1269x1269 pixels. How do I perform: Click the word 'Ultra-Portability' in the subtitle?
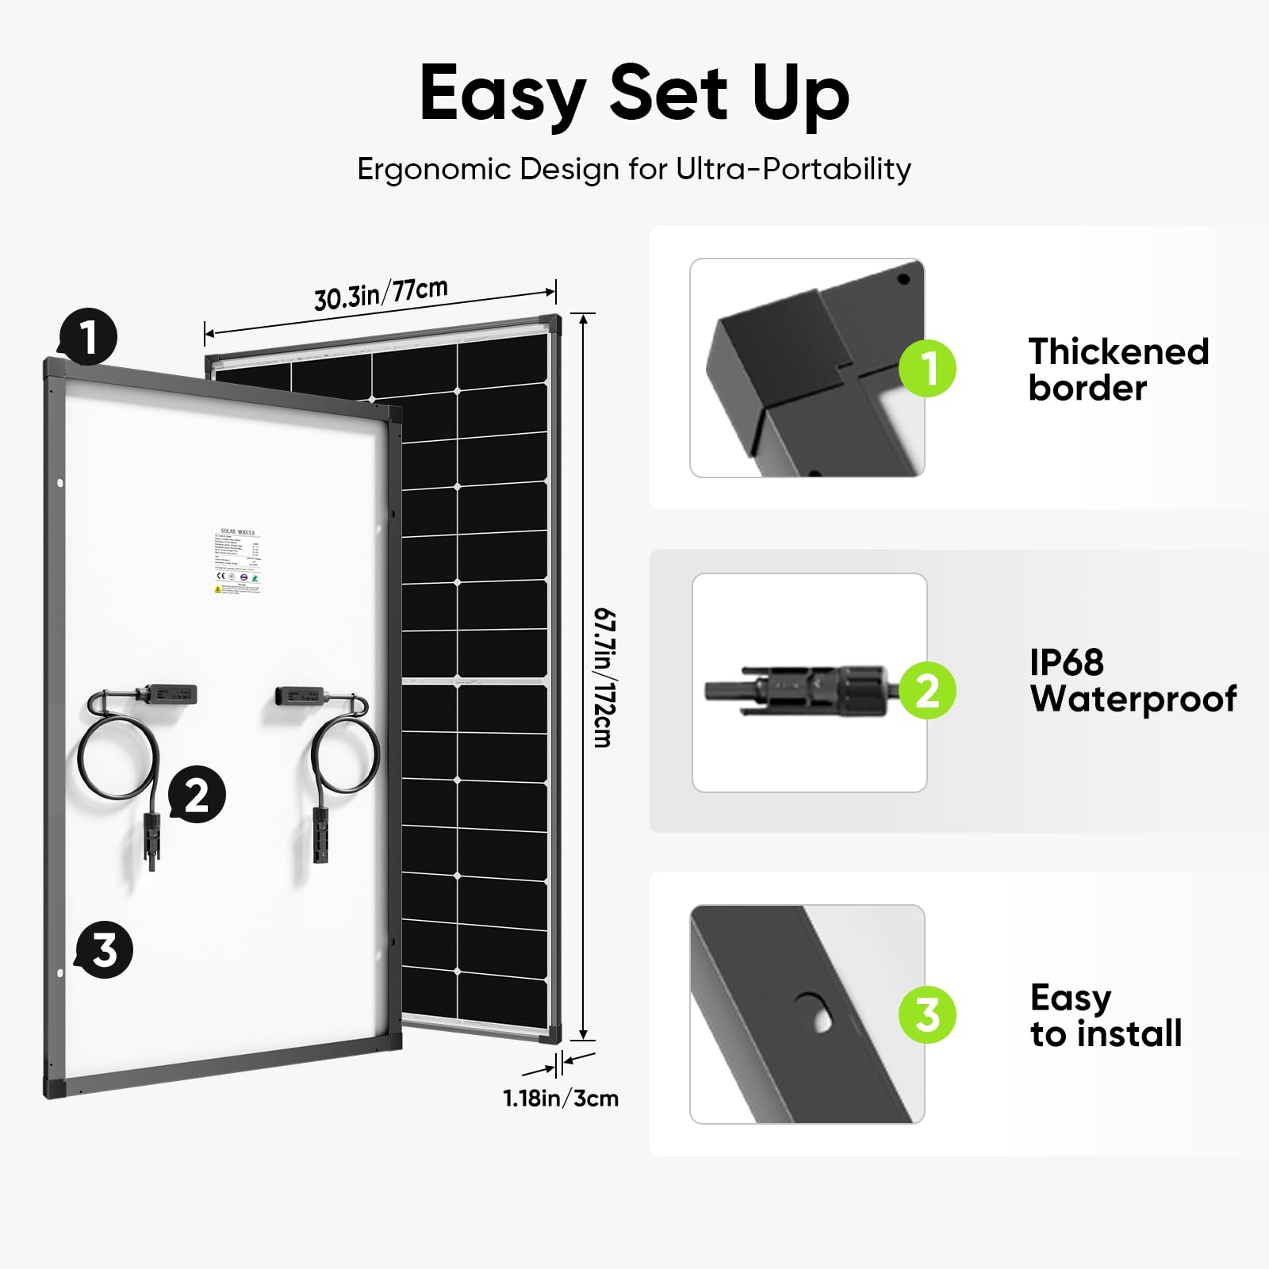[793, 170]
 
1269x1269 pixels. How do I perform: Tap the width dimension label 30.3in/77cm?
[381, 294]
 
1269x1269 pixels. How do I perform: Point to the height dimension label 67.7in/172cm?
[604, 677]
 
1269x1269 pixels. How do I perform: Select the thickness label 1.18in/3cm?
[561, 1098]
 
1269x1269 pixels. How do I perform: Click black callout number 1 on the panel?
[88, 336]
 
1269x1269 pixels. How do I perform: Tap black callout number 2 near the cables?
[197, 794]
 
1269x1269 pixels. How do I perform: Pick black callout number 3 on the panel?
[104, 949]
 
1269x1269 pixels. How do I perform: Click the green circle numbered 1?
[927, 368]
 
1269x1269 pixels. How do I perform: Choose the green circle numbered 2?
[927, 690]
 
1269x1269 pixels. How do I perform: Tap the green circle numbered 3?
[927, 1014]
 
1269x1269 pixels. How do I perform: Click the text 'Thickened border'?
[1118, 370]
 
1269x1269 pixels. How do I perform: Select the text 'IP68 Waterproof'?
[1133, 681]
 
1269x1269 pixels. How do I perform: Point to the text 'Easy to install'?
[1106, 1016]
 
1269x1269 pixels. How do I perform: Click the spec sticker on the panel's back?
[238, 562]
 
